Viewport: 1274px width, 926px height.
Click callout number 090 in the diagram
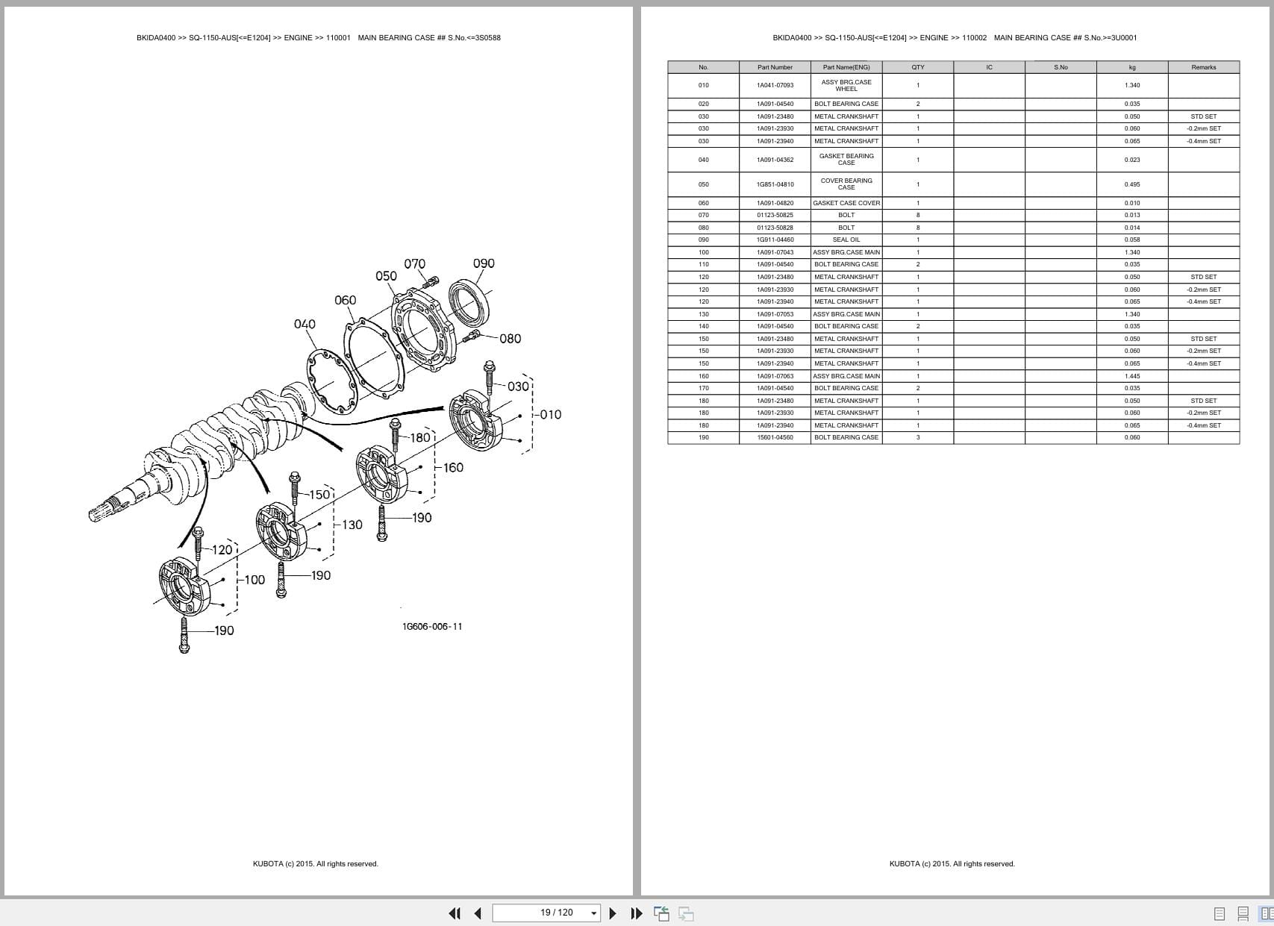coord(484,263)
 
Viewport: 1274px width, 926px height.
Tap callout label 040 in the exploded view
coord(305,324)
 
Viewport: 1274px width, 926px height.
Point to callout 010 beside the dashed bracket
coord(550,415)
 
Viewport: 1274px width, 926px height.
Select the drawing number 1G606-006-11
coord(432,626)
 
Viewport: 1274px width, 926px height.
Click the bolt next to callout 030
coord(490,377)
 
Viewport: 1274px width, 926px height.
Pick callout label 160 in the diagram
coord(452,468)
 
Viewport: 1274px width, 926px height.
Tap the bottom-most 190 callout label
coord(224,631)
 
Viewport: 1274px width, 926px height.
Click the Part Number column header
coord(775,67)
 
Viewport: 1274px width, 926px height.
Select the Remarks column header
coord(1203,67)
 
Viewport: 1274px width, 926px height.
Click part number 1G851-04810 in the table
coord(775,184)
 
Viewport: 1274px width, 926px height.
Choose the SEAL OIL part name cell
coord(846,240)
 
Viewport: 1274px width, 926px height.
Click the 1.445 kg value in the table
coord(1131,376)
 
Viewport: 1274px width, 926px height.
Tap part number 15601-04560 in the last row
coord(775,437)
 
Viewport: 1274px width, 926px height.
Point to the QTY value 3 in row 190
coord(917,437)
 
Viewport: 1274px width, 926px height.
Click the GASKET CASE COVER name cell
coord(846,203)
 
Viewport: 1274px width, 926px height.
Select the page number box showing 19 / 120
coord(546,913)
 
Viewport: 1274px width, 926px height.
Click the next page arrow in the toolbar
coord(613,913)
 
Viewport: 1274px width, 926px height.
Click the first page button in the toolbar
coord(454,913)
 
